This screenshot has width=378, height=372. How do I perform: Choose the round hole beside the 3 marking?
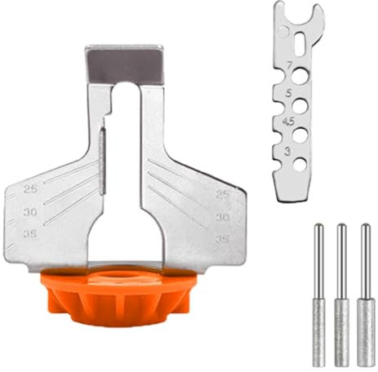(x=300, y=163)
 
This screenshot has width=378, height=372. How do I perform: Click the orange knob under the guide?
(x=127, y=297)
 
